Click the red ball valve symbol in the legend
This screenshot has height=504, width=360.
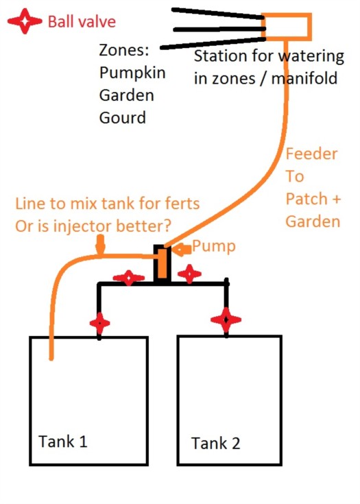[x=25, y=21]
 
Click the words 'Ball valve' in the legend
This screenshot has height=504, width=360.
[x=82, y=22]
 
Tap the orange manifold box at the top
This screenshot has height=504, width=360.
[x=287, y=26]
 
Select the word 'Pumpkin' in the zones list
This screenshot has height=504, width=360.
[x=132, y=73]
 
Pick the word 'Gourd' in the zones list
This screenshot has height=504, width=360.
[x=123, y=118]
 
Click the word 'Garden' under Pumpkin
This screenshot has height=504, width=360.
[x=126, y=95]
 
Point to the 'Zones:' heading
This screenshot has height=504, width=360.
[x=124, y=50]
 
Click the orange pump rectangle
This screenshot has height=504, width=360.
[x=163, y=262]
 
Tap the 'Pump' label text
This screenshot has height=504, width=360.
[x=214, y=247]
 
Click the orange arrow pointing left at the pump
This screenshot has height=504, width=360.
[x=181, y=249]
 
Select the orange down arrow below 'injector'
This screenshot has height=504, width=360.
[x=101, y=245]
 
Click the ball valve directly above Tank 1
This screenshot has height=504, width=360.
[x=99, y=323]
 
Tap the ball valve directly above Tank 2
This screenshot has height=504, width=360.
[x=226, y=320]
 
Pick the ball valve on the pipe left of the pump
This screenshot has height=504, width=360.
[x=129, y=278]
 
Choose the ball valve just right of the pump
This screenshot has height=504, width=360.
[x=189, y=274]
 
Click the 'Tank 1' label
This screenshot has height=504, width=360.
[x=63, y=442]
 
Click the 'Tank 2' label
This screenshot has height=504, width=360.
[x=216, y=443]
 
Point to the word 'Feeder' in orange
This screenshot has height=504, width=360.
[x=311, y=154]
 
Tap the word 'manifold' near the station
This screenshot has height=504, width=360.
[x=304, y=78]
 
